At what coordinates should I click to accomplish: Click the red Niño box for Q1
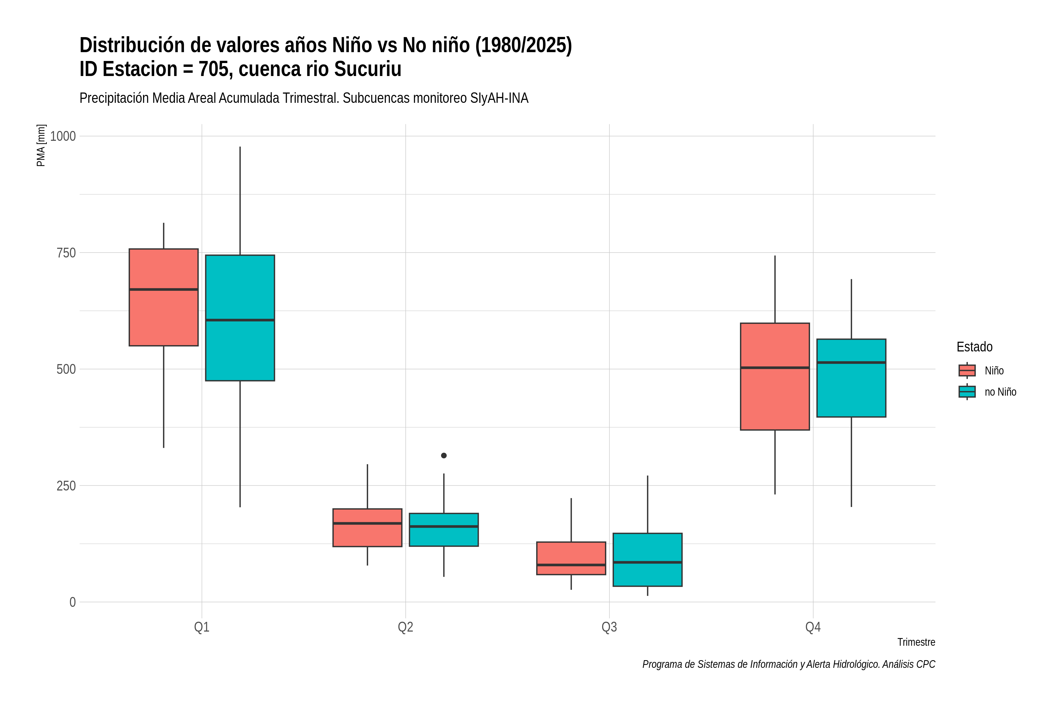(x=164, y=297)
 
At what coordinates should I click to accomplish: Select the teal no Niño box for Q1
(x=240, y=318)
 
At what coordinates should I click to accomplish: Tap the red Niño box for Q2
(x=367, y=528)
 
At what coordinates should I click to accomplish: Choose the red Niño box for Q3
(x=571, y=558)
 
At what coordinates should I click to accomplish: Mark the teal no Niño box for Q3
(x=647, y=559)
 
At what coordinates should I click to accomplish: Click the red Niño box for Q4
(x=775, y=376)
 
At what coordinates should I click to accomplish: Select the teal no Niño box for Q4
(x=851, y=378)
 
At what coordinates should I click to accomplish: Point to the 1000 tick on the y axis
(x=63, y=136)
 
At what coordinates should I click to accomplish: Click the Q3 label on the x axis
(x=609, y=627)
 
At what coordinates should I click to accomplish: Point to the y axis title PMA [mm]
(x=41, y=146)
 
